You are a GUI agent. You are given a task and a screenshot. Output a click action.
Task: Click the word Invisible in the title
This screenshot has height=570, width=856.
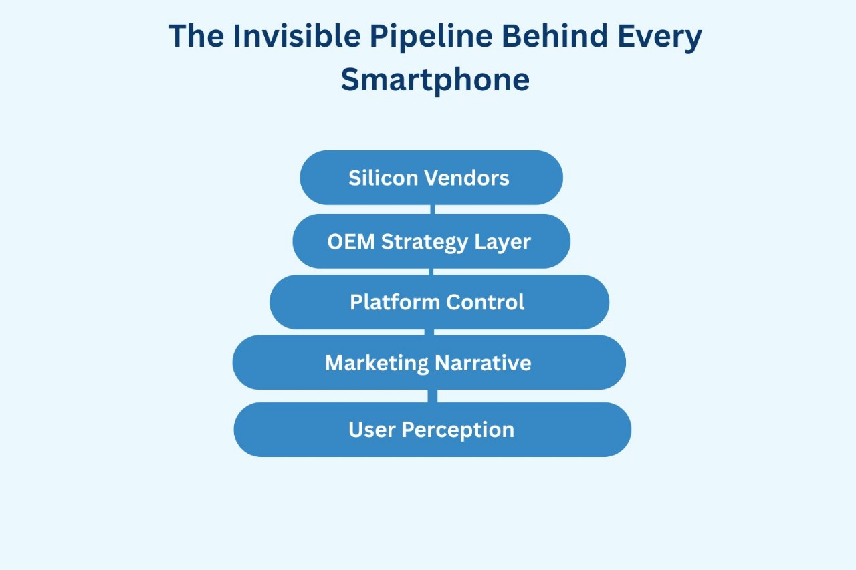[x=296, y=36]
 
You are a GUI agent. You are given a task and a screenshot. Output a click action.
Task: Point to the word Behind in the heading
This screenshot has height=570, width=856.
[x=554, y=36]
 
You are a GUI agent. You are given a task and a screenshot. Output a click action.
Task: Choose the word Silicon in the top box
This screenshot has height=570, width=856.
[x=383, y=178]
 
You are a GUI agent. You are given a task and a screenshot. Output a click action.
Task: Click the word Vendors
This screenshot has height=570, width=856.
[x=466, y=178]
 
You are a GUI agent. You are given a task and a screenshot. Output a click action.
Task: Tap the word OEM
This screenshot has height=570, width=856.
[x=351, y=241]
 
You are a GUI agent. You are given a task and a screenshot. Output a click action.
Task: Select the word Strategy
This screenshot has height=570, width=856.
[x=424, y=243]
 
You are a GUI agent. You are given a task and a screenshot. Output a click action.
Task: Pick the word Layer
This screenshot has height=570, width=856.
[x=502, y=243]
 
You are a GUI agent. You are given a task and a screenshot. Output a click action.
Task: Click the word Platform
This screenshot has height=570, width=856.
[x=395, y=302]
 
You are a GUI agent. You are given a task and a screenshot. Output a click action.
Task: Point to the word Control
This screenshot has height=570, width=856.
[x=485, y=302]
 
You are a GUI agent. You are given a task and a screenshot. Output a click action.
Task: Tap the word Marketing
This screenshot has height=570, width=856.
[x=377, y=364]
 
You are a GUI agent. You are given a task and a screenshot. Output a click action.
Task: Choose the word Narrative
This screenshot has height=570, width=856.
[x=483, y=363]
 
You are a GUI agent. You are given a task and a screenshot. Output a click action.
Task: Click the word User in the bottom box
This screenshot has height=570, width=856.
[x=372, y=430]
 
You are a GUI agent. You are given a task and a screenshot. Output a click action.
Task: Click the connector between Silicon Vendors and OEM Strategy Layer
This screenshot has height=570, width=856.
[x=433, y=209]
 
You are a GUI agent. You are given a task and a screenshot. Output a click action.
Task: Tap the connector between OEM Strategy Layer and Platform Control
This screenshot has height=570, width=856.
[x=431, y=271]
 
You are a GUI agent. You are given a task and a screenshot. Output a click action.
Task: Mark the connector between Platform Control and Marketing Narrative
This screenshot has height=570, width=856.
[x=429, y=332]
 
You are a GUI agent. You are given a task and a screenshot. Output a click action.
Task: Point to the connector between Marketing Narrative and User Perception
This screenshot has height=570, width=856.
[x=433, y=396]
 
